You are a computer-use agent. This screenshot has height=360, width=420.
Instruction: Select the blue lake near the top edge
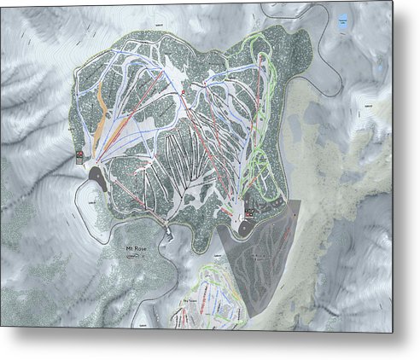point(342,26)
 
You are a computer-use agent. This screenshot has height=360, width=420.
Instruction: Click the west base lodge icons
point(79,155)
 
